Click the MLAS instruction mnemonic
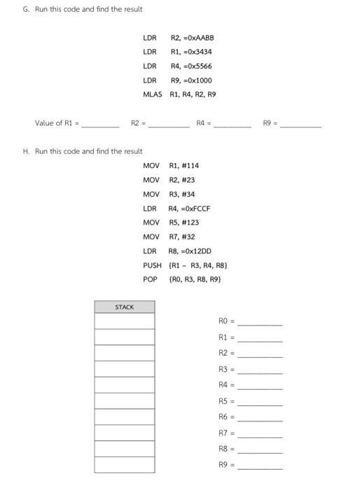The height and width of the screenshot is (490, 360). pos(152,94)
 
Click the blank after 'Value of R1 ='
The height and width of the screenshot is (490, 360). pos(101,124)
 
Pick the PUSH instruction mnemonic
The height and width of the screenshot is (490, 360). pos(152,265)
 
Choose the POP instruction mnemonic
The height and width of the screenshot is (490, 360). pos(150,279)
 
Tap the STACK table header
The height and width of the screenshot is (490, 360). pos(124,307)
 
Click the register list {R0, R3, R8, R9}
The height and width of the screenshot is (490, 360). pos(195,279)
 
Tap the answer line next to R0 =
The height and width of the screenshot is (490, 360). pos(260,323)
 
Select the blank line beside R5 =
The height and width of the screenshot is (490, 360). pos(260,402)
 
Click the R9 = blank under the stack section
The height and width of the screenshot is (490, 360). pos(260,465)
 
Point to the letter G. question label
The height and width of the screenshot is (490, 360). pos(26,9)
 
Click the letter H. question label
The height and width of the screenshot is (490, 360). pos(26,151)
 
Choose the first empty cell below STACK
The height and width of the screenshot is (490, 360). pos(124,321)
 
